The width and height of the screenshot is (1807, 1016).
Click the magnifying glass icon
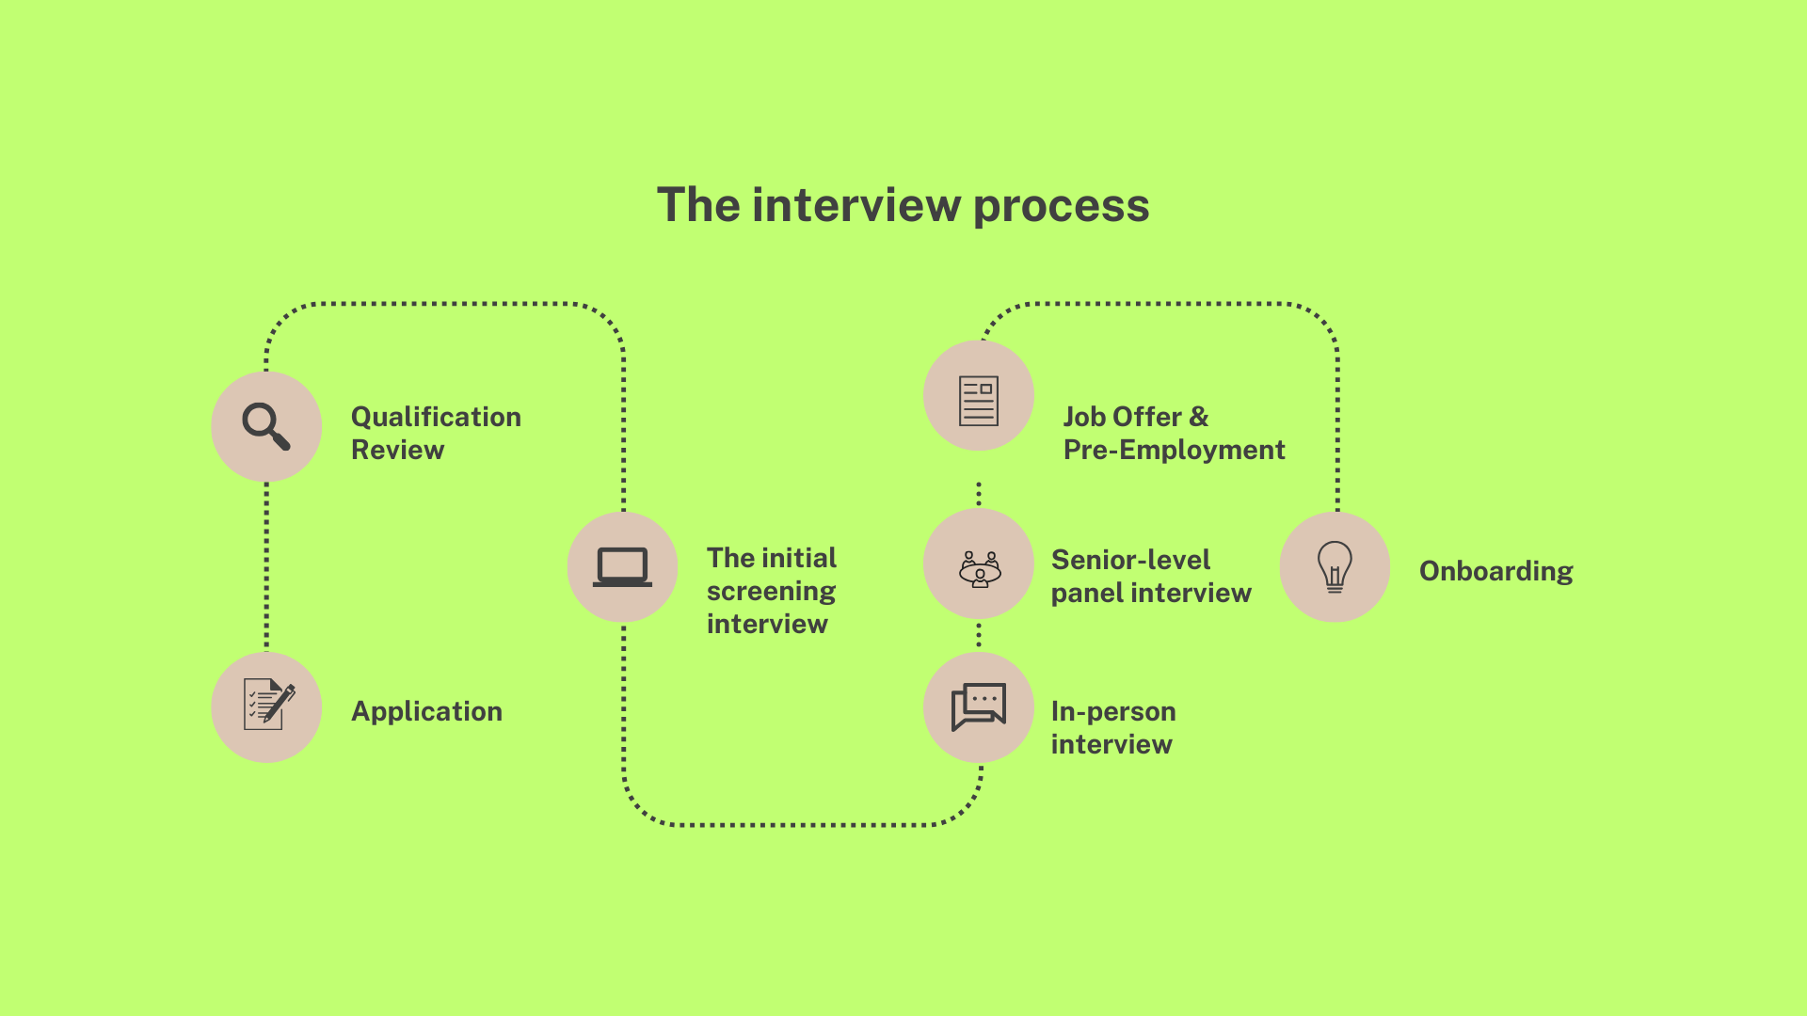point(266,426)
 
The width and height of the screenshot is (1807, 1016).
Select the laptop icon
point(622,566)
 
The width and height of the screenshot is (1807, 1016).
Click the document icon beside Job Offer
point(979,401)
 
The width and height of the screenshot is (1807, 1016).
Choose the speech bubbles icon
point(979,706)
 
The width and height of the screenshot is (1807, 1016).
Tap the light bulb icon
point(1335,566)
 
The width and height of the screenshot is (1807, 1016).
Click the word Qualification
point(436,417)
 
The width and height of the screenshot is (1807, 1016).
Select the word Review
point(397,450)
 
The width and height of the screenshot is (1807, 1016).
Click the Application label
point(426,711)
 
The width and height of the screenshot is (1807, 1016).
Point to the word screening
point(771,592)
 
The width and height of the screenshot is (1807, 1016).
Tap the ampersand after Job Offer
point(1199,417)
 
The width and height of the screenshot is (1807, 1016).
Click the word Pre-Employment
point(1174,450)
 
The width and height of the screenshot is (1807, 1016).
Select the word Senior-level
point(1130,560)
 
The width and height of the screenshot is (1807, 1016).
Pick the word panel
point(1087,593)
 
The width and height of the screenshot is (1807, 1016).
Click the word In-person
point(1113,711)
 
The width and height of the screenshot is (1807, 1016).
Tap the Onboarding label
point(1495,571)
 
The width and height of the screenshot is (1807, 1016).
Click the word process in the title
point(1061,205)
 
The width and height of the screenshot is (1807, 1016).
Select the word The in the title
point(698,205)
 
